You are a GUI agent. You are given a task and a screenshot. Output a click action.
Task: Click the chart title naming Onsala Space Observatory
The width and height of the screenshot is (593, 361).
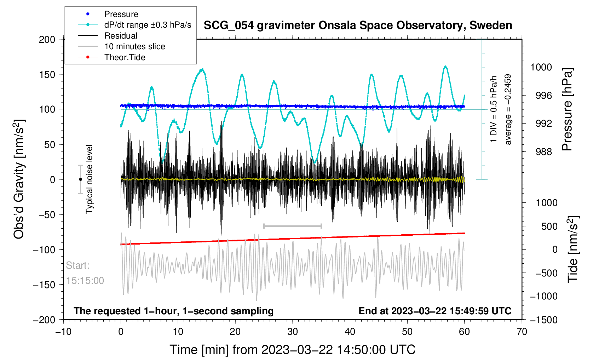pyautogui.click(x=358, y=25)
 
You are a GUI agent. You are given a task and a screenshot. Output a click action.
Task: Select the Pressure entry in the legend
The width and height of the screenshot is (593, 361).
pyautogui.click(x=121, y=14)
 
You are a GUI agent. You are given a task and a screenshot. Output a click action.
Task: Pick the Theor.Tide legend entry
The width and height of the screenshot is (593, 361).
pyautogui.click(x=125, y=57)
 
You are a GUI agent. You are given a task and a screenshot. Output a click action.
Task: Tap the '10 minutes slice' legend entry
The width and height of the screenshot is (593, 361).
pyautogui.click(x=134, y=46)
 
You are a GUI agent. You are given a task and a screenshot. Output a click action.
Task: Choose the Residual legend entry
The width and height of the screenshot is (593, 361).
pyautogui.click(x=121, y=36)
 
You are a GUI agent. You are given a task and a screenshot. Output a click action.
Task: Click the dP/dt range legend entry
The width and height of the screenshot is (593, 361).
pyautogui.click(x=148, y=25)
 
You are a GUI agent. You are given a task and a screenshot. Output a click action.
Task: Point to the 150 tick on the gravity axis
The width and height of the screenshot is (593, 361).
pyautogui.click(x=47, y=74)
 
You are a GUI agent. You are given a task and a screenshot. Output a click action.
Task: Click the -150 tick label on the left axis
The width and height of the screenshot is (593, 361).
pyautogui.click(x=44, y=285)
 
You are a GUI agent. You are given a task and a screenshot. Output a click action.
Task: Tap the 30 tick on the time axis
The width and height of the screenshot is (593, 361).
pyautogui.click(x=292, y=332)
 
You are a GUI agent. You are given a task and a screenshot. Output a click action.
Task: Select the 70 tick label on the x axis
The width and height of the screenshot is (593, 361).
pyautogui.click(x=522, y=332)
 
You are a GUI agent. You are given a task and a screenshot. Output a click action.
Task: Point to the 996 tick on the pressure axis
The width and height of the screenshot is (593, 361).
pyautogui.click(x=541, y=96)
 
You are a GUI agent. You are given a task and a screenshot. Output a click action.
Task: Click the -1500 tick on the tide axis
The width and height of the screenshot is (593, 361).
pyautogui.click(x=543, y=320)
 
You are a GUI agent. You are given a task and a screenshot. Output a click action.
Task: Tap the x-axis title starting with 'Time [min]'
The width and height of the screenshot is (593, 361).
pyautogui.click(x=292, y=350)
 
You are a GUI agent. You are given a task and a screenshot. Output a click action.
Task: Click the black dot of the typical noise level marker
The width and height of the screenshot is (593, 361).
pyautogui.click(x=80, y=179)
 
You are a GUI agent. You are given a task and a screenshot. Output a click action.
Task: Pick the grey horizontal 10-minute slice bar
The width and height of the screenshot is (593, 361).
pyautogui.click(x=293, y=226)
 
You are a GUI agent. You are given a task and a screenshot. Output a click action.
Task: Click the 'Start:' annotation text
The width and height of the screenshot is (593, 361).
pyautogui.click(x=78, y=265)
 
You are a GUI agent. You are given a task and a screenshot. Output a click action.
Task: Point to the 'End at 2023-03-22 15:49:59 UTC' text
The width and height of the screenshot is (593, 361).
pyautogui.click(x=435, y=311)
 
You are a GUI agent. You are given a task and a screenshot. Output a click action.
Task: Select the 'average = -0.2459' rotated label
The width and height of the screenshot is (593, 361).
pyautogui.click(x=508, y=109)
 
